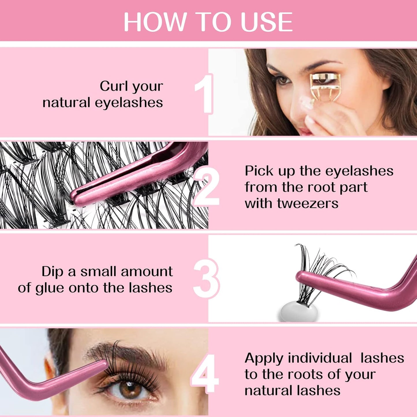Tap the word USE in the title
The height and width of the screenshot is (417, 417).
(x=266, y=22)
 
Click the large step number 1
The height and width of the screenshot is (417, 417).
(x=205, y=94)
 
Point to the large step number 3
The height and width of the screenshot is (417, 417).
(x=206, y=278)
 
